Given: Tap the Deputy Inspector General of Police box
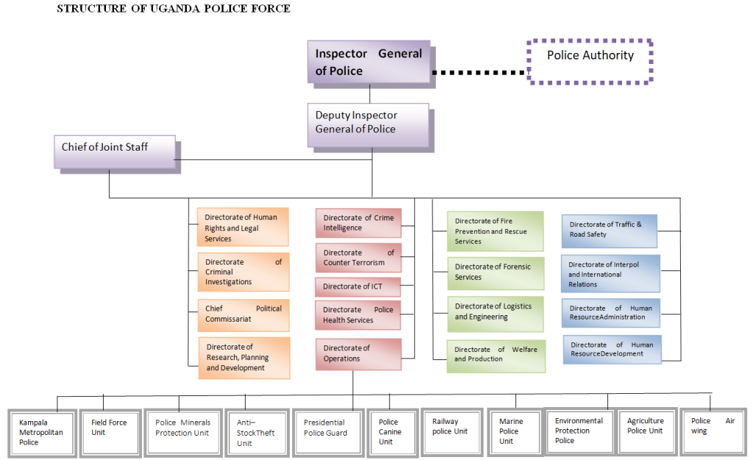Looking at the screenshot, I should coord(368,123).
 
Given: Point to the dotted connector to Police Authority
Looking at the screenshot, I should coord(479,72).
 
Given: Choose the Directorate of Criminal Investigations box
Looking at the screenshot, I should coord(243,272).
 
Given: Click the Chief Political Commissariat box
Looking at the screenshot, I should coord(243,315).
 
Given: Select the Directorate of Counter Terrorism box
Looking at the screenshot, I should coord(358,258).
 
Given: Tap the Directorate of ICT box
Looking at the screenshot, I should coord(358,287).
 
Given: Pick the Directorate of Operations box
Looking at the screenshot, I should coord(358,353).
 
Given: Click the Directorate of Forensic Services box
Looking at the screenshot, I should coord(495,273).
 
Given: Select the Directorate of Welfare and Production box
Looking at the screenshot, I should coord(495,354).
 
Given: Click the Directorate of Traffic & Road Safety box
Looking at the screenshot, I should coord(609,230).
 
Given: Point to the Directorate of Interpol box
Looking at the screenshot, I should coord(610,274).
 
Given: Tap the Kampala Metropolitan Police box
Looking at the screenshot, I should coord(40,432).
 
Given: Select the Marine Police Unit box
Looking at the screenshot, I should coord(513,431).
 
